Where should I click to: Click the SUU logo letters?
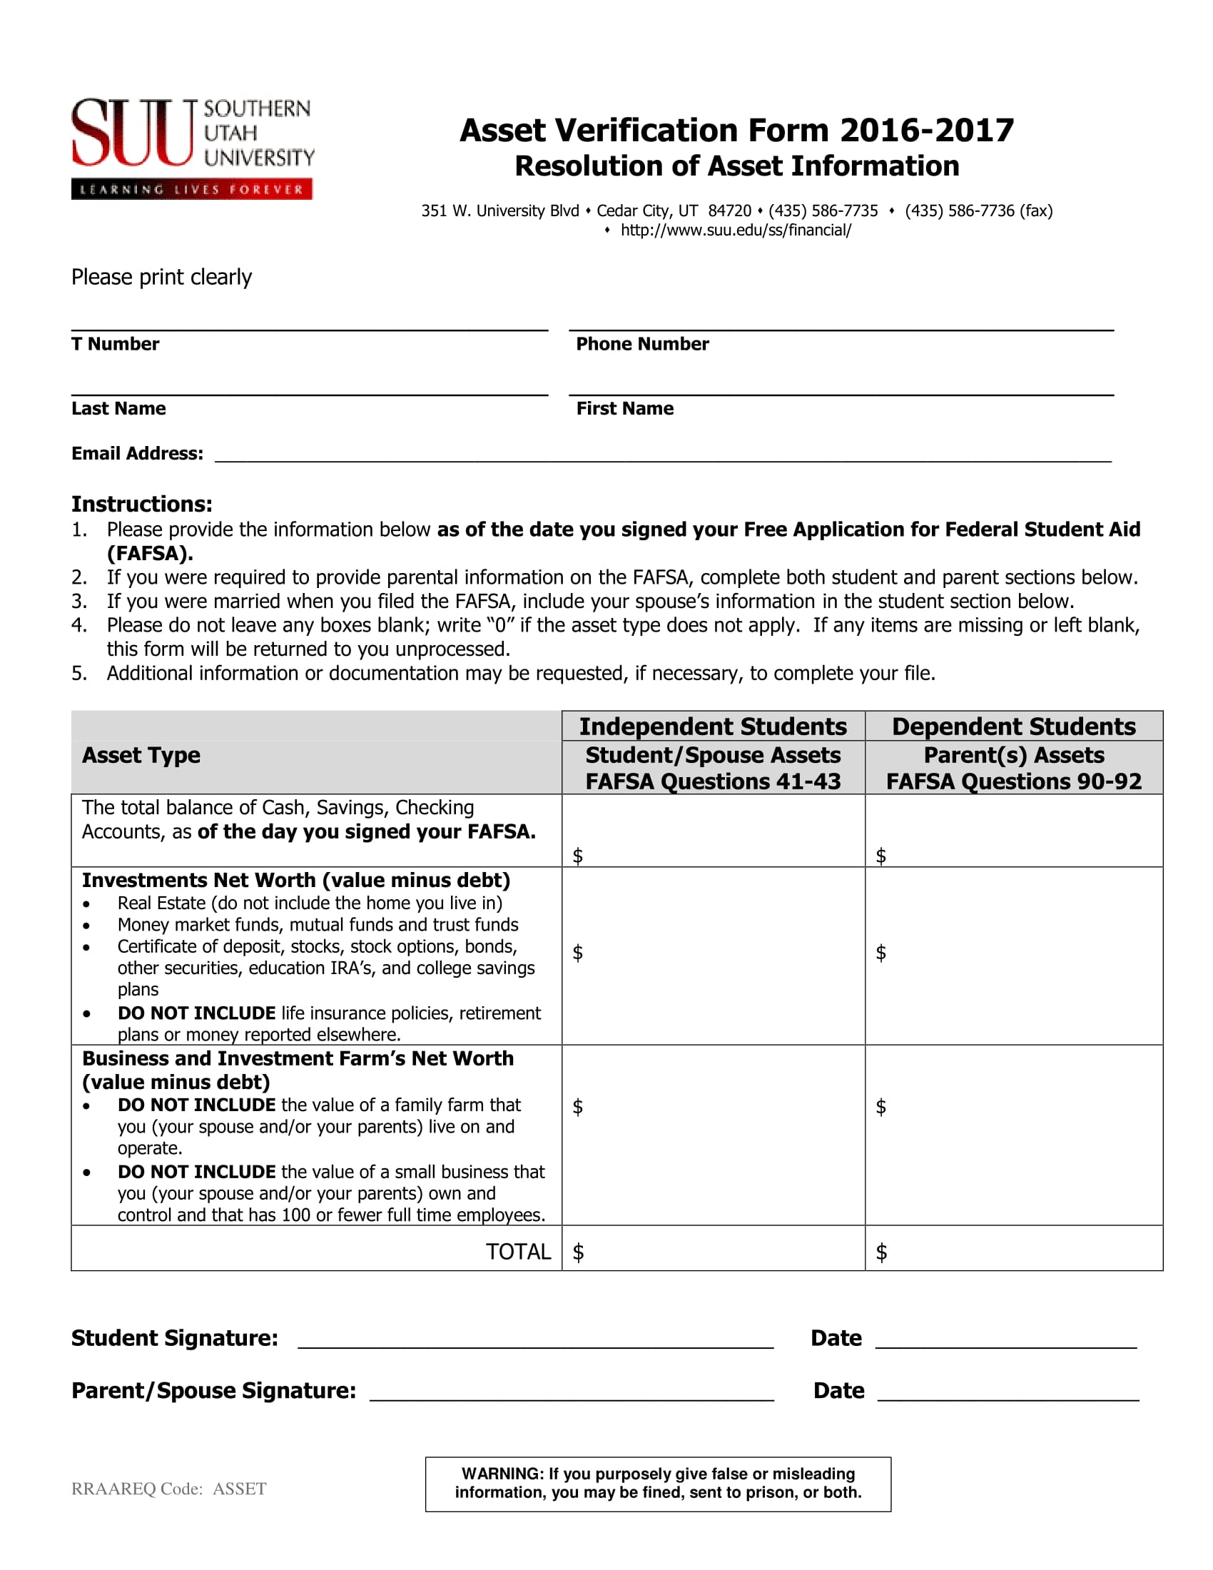(x=132, y=133)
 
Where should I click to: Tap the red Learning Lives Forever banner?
(x=191, y=190)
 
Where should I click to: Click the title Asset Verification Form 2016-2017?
(x=736, y=131)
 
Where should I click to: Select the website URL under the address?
(x=736, y=230)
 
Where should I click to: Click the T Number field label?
(x=115, y=345)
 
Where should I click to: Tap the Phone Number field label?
(x=641, y=345)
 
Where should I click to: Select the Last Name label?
(x=118, y=408)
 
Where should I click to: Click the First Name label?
(x=624, y=408)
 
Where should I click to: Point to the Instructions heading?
(x=141, y=504)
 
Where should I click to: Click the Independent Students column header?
(x=713, y=726)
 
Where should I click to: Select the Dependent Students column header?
(x=1013, y=726)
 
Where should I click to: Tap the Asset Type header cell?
(x=141, y=756)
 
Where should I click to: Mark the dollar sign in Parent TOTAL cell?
(x=881, y=1252)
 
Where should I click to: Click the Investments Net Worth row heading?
(x=296, y=881)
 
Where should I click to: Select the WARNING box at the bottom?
(x=658, y=1484)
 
